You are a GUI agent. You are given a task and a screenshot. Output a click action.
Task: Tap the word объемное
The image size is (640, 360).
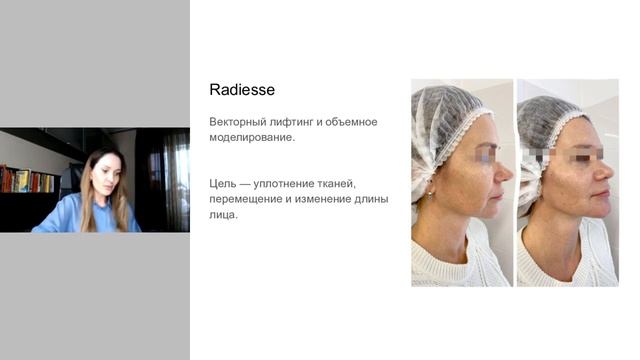point(357,121)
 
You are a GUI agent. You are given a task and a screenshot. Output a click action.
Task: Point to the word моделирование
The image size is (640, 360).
point(249,139)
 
